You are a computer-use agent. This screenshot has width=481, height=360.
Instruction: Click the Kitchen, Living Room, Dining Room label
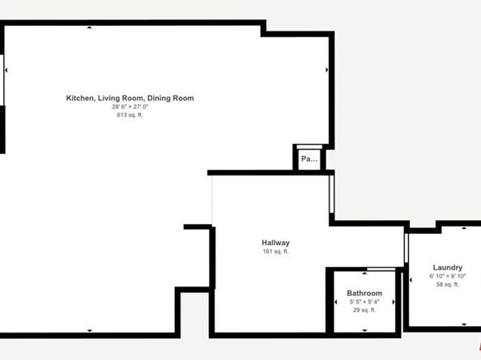coord(130,98)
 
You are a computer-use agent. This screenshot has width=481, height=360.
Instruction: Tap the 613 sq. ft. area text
coord(130,115)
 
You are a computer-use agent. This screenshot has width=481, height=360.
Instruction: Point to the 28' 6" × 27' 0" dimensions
coord(130,107)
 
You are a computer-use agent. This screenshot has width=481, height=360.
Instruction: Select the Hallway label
coord(275,243)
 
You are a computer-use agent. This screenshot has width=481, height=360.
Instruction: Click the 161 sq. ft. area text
coord(275,252)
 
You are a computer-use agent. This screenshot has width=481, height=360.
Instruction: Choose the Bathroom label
coord(364,293)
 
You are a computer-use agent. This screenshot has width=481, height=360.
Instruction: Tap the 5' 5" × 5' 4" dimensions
coord(364,302)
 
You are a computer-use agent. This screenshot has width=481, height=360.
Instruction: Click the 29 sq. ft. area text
coord(364,311)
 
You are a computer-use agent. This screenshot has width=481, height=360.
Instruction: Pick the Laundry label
coord(447,268)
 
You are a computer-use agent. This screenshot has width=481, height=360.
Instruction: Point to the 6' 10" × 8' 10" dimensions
coord(447,277)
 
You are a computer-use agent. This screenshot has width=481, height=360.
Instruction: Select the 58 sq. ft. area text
coord(447,285)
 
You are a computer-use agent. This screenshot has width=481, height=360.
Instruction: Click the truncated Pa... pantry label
coord(309,159)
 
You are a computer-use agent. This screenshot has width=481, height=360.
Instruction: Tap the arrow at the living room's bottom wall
coord(90,330)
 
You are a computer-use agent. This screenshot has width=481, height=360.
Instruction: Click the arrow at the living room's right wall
coord(326,70)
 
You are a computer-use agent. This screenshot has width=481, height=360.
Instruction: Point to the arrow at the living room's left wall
coord(7,70)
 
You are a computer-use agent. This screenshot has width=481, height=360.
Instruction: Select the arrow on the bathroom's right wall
coord(394,302)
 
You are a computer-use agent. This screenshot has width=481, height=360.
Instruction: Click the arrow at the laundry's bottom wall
coord(463,324)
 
